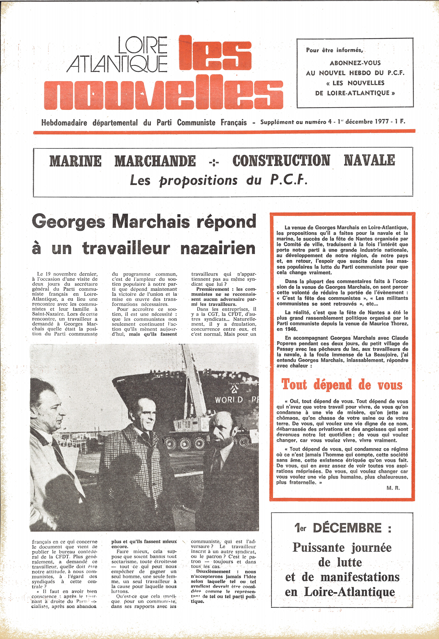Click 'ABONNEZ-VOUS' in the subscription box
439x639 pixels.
[355, 63]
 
